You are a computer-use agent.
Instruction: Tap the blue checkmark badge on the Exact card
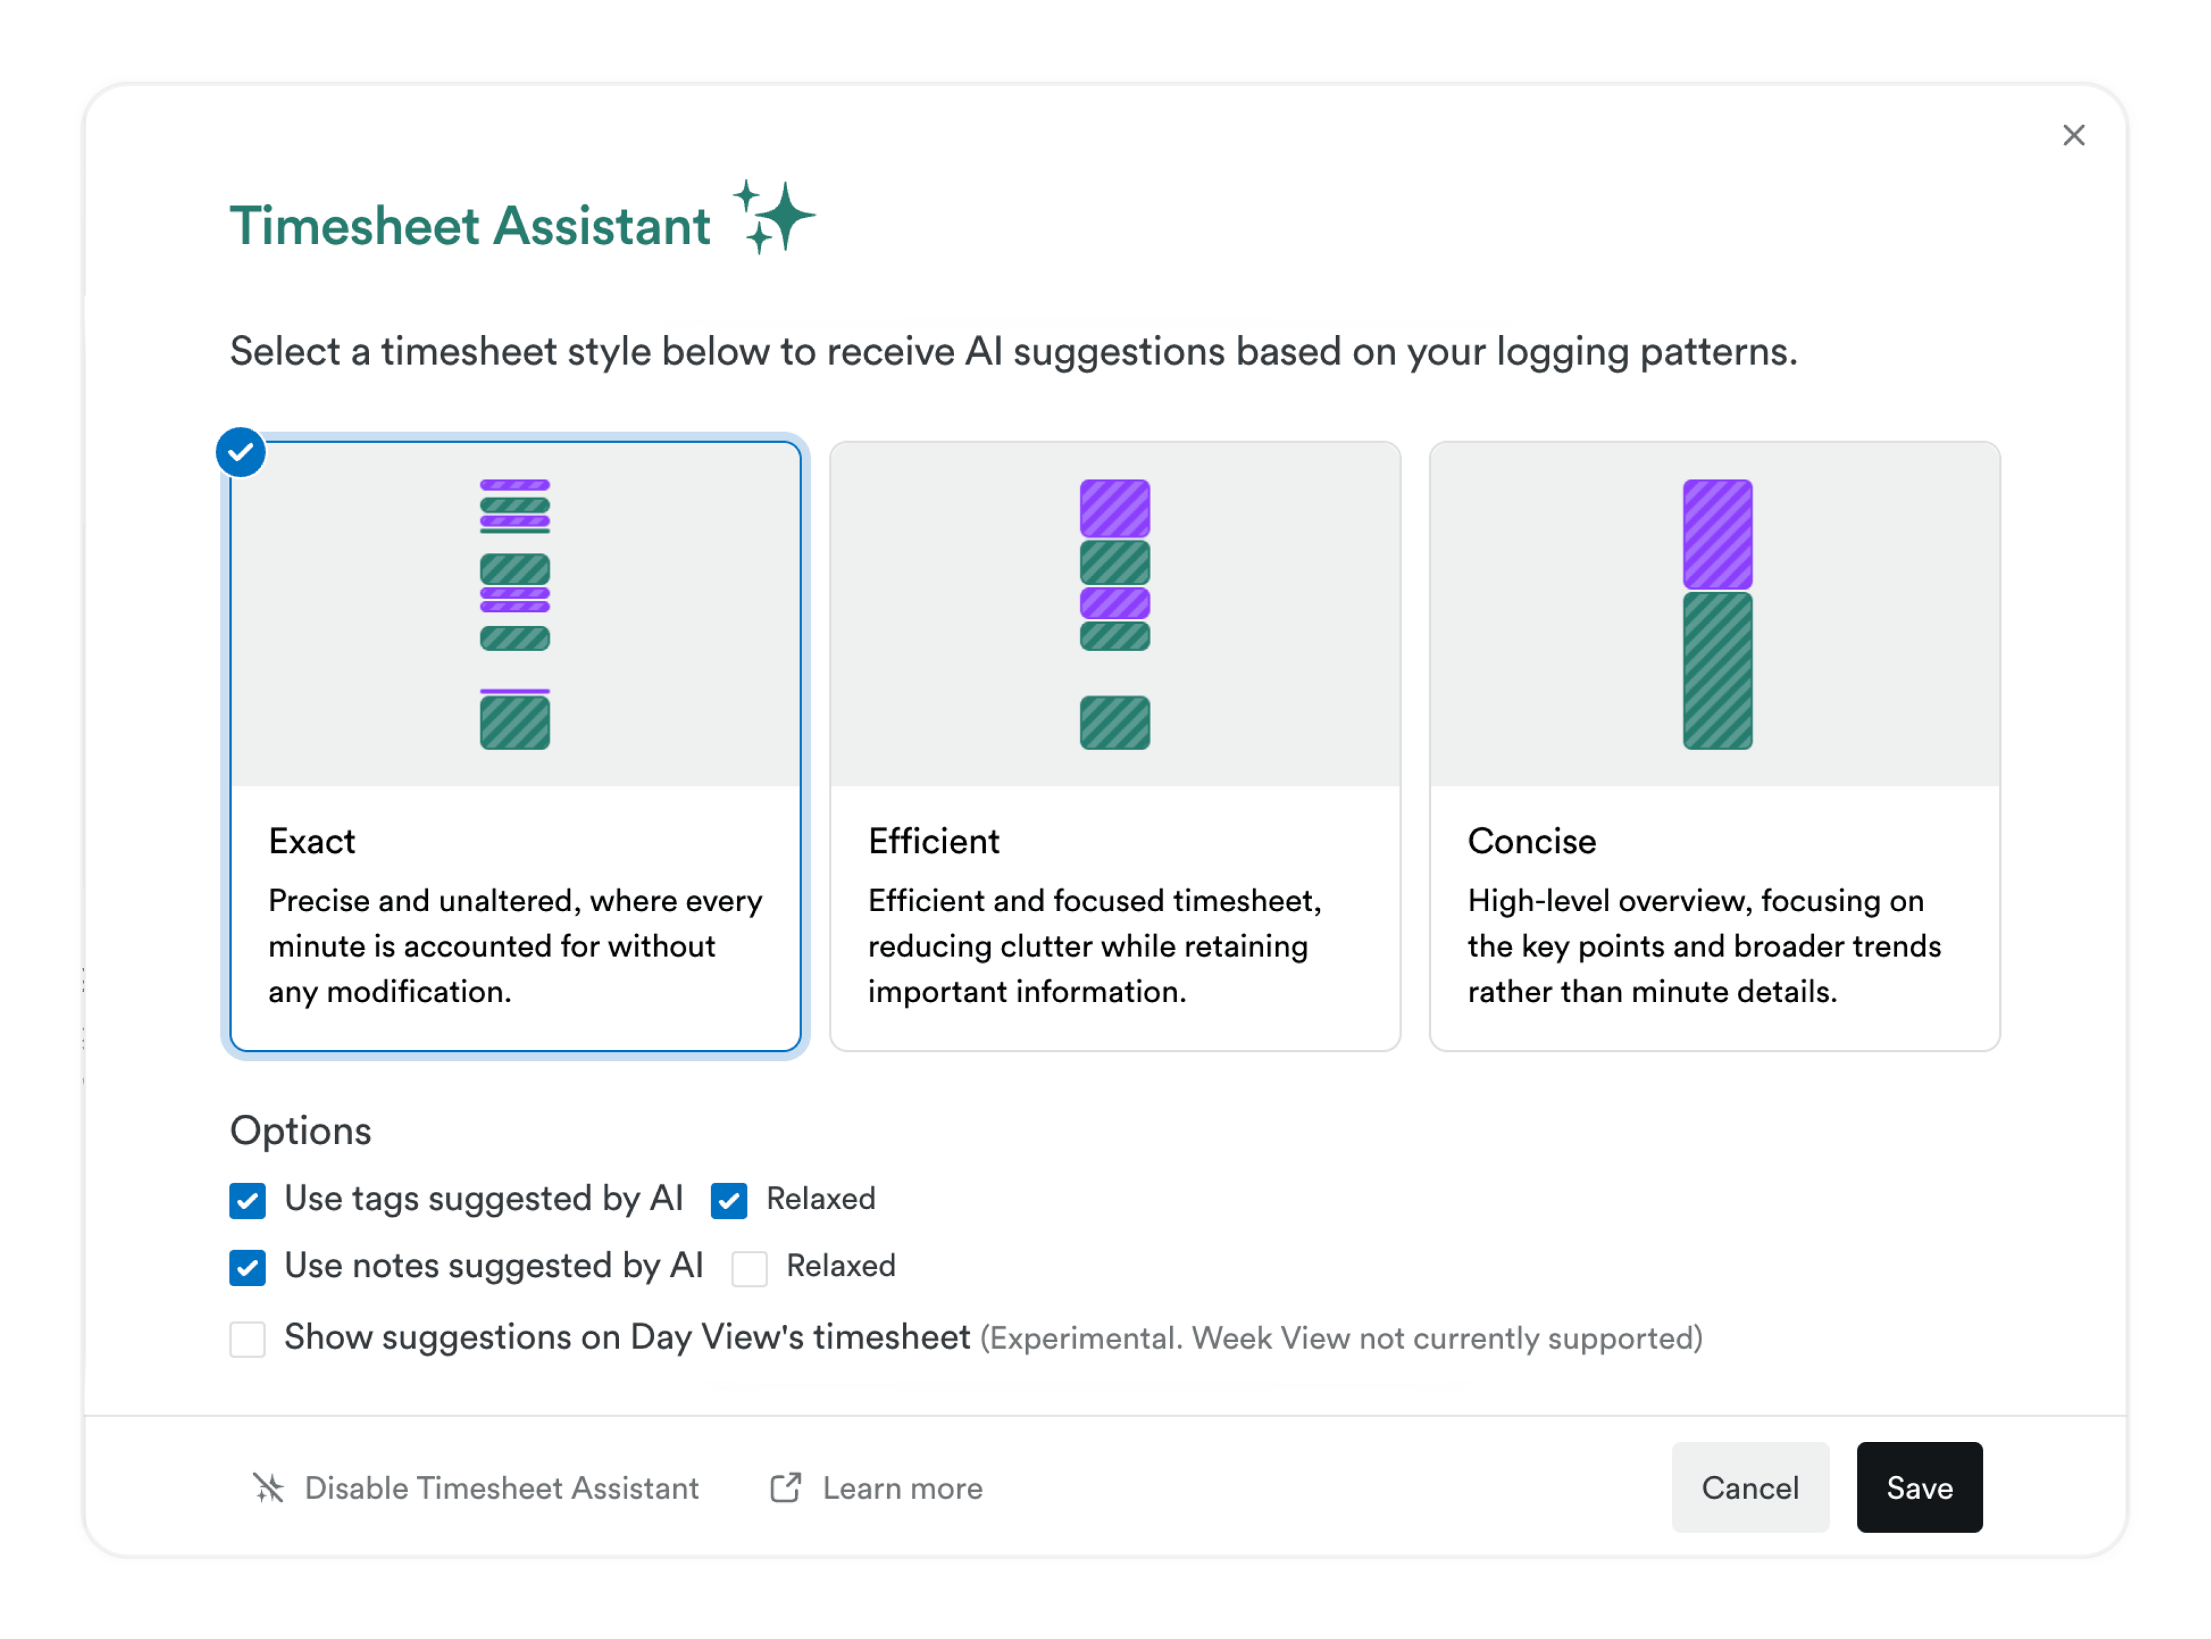point(241,452)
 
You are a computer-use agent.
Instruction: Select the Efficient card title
point(933,841)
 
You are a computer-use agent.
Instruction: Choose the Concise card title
point(1532,841)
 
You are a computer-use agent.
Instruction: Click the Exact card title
point(311,841)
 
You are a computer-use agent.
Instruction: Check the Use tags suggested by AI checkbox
point(247,1200)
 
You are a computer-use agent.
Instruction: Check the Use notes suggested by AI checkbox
point(247,1267)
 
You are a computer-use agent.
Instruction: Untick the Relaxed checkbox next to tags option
point(729,1200)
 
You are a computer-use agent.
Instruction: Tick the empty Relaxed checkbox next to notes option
point(749,1268)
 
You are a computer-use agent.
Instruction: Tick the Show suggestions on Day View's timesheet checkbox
point(247,1339)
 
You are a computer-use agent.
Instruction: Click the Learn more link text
point(902,1488)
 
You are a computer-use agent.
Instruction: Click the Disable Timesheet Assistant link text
point(501,1488)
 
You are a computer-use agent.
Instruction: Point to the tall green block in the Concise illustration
point(1717,671)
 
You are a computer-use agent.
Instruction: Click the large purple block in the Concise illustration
point(1717,533)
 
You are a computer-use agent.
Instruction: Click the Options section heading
point(300,1131)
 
